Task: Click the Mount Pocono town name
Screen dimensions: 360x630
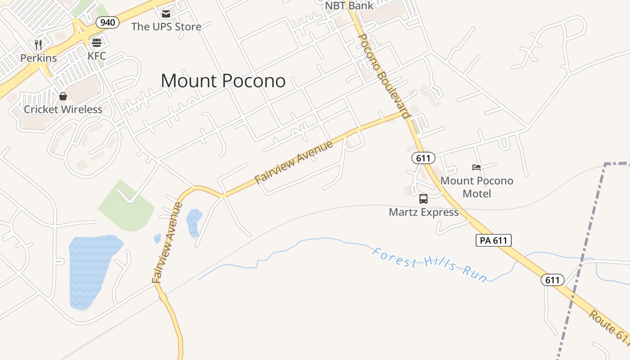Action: [x=223, y=81]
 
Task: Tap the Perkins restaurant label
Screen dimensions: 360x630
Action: [x=39, y=58]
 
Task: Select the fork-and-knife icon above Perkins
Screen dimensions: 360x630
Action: [x=38, y=45]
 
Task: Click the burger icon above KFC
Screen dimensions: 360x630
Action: [x=97, y=43]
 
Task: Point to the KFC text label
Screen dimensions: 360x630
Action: [x=97, y=56]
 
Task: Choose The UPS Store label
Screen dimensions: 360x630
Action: [x=166, y=27]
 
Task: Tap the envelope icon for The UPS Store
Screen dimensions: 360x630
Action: [x=166, y=14]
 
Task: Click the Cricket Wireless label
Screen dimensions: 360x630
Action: [x=63, y=109]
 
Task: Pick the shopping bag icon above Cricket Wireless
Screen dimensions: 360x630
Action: [x=63, y=96]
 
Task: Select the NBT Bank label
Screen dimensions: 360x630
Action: [x=350, y=6]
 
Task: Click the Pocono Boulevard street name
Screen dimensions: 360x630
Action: [x=383, y=76]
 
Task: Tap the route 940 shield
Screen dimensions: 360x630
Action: [x=107, y=22]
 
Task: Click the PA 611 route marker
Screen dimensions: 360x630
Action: [x=493, y=240]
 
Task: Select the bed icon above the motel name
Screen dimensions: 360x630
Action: [x=477, y=167]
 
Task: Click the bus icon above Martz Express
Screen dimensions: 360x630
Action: [x=423, y=199]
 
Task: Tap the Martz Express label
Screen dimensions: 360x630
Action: [x=423, y=212]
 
